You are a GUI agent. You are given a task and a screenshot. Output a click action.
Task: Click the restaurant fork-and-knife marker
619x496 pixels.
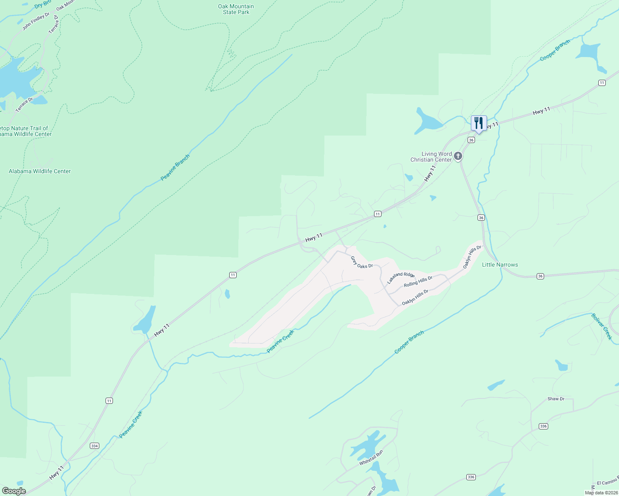tap(479, 123)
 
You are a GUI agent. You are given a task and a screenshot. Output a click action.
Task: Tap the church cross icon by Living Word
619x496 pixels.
tap(458, 156)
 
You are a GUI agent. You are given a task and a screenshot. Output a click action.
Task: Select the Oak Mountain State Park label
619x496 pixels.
tap(236, 10)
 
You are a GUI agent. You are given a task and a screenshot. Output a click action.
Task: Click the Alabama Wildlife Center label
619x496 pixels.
tap(40, 171)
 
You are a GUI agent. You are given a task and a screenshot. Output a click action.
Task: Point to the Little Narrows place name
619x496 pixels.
tap(500, 265)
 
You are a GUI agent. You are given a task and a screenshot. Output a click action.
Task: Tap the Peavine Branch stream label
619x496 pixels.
tap(175, 167)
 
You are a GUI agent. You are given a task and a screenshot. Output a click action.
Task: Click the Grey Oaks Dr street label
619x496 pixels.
tap(362, 262)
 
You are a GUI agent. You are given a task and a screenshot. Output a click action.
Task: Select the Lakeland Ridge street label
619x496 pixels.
tap(401, 278)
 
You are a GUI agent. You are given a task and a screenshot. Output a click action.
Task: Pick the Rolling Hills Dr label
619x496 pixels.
tap(418, 281)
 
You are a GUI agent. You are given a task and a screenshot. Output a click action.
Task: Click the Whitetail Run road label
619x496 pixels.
tap(371, 458)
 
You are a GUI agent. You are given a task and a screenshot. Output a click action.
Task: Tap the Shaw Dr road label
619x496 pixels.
tap(556, 399)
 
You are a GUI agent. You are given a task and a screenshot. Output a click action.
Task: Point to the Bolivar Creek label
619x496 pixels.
tap(602, 327)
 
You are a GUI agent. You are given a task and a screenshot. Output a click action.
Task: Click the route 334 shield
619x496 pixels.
tap(95, 446)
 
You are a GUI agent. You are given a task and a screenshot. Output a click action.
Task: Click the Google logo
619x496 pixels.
tap(14, 491)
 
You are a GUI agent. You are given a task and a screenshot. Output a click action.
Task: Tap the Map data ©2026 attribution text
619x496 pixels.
tap(600, 493)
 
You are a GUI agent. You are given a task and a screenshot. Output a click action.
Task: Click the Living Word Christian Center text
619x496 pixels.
tap(431, 157)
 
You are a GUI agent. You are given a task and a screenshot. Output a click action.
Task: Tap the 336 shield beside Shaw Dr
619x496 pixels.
tap(543, 426)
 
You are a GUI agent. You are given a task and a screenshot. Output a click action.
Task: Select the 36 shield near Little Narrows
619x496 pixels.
tap(540, 276)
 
